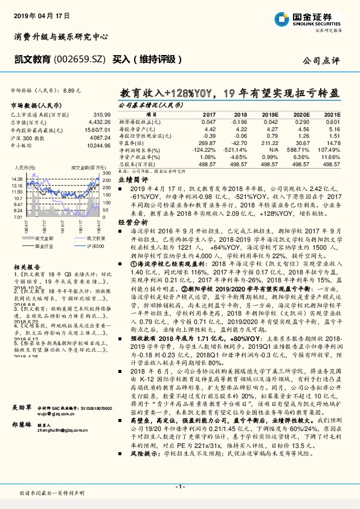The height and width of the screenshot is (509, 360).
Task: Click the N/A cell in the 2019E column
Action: click(x=273, y=149)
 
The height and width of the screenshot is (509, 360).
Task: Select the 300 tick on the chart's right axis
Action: click(x=105, y=173)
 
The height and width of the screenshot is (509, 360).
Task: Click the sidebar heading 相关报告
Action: click(x=24, y=267)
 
